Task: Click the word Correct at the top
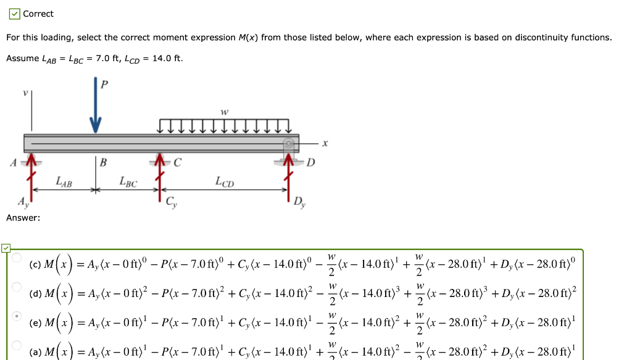(x=38, y=14)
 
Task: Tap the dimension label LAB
(x=64, y=182)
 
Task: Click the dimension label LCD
(x=224, y=182)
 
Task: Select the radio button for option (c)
(x=17, y=257)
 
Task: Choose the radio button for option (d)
(x=17, y=287)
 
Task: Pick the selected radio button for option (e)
(x=17, y=317)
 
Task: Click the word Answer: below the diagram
(x=23, y=218)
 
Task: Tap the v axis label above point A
(x=25, y=93)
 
